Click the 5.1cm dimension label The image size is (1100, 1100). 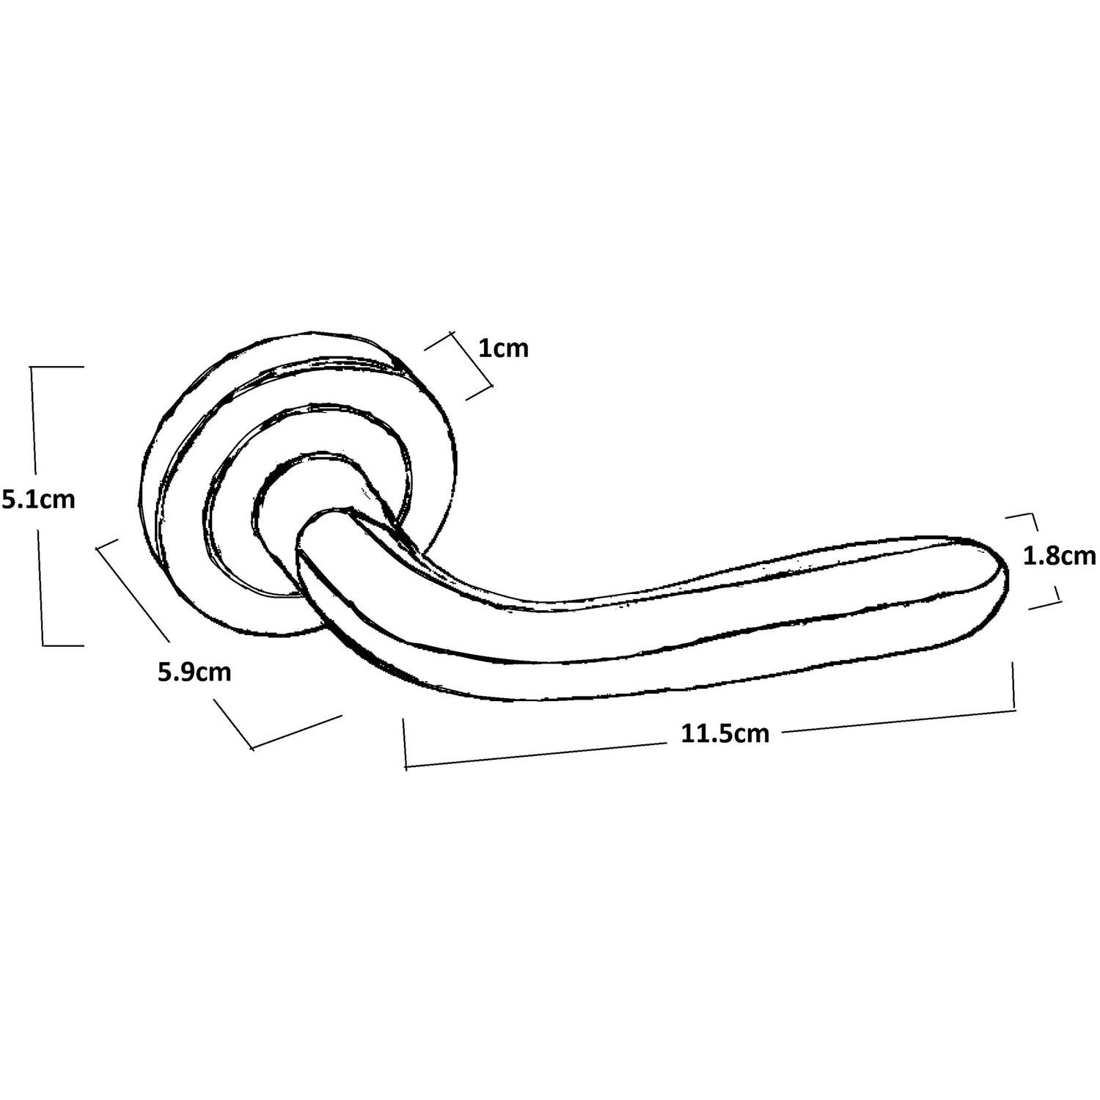tap(38, 500)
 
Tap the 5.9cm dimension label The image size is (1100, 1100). tap(194, 672)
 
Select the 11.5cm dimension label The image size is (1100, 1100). tap(725, 733)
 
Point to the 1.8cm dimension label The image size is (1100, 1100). tap(1059, 557)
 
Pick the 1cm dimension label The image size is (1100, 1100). tap(503, 348)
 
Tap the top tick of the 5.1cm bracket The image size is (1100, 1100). tap(57, 366)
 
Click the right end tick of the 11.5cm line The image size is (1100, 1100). tap(1014, 686)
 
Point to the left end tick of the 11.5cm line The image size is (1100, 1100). tap(405, 744)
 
